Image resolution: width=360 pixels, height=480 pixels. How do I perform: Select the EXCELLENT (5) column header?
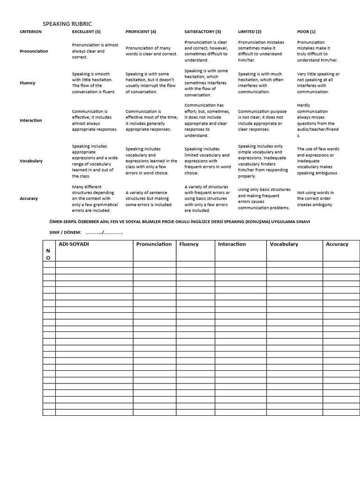click(86, 31)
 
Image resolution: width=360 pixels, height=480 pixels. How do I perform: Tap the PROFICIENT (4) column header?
click(141, 31)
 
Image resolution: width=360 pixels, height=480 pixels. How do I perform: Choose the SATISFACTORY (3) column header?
click(202, 31)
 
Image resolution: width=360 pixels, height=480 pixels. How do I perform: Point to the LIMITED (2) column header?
click(250, 31)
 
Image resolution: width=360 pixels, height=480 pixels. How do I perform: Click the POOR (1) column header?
click(306, 31)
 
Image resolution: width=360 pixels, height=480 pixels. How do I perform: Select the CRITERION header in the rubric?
click(30, 31)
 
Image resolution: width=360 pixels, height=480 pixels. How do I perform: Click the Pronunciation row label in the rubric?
click(34, 51)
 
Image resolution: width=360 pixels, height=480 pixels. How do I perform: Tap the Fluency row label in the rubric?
click(28, 83)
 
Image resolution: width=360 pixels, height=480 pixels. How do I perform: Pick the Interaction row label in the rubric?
click(30, 120)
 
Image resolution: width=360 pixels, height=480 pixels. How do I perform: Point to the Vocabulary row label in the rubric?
click(31, 161)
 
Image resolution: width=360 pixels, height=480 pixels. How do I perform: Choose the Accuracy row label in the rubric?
click(29, 198)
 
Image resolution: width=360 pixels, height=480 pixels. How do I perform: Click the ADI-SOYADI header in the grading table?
click(74, 244)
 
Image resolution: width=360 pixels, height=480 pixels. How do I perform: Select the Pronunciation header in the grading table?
click(154, 244)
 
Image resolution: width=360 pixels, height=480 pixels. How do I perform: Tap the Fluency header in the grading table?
click(189, 244)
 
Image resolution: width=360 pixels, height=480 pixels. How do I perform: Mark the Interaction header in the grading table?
click(232, 244)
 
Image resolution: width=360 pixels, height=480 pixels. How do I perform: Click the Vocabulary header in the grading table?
click(284, 244)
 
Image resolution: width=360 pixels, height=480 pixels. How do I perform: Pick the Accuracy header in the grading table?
click(337, 244)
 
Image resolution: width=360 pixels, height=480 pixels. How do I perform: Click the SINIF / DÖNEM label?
click(65, 232)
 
